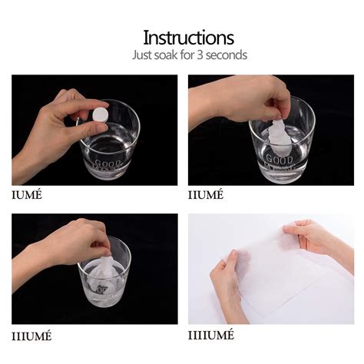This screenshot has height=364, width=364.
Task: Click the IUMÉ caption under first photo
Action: click(x=27, y=194)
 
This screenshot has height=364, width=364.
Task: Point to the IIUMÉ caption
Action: click(x=204, y=194)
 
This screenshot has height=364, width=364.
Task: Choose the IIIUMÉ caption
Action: click(x=31, y=336)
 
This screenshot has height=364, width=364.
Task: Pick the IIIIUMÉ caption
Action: click(x=212, y=336)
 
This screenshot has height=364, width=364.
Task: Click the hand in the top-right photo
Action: click(x=230, y=98)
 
